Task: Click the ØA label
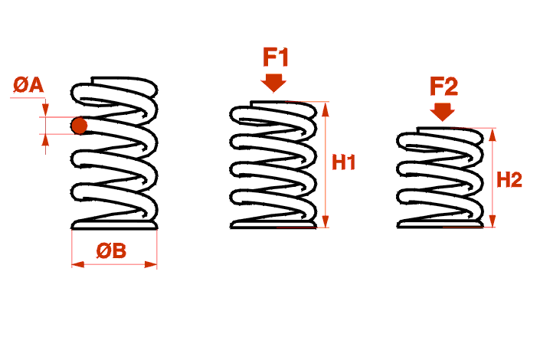click(28, 85)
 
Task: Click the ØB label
click(111, 250)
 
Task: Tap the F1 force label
click(275, 57)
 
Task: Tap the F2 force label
click(443, 86)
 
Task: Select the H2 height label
click(509, 180)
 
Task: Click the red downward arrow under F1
click(273, 81)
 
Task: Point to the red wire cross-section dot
click(79, 126)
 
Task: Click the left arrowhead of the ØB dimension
click(75, 265)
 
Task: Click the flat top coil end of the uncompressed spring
click(123, 80)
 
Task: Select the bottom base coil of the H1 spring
click(273, 225)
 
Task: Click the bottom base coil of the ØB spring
click(114, 225)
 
